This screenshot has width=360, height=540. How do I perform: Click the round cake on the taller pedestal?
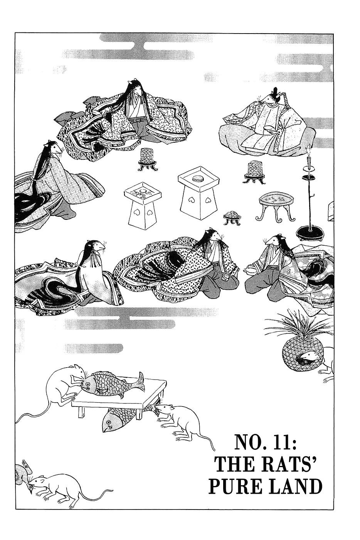point(198,179)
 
